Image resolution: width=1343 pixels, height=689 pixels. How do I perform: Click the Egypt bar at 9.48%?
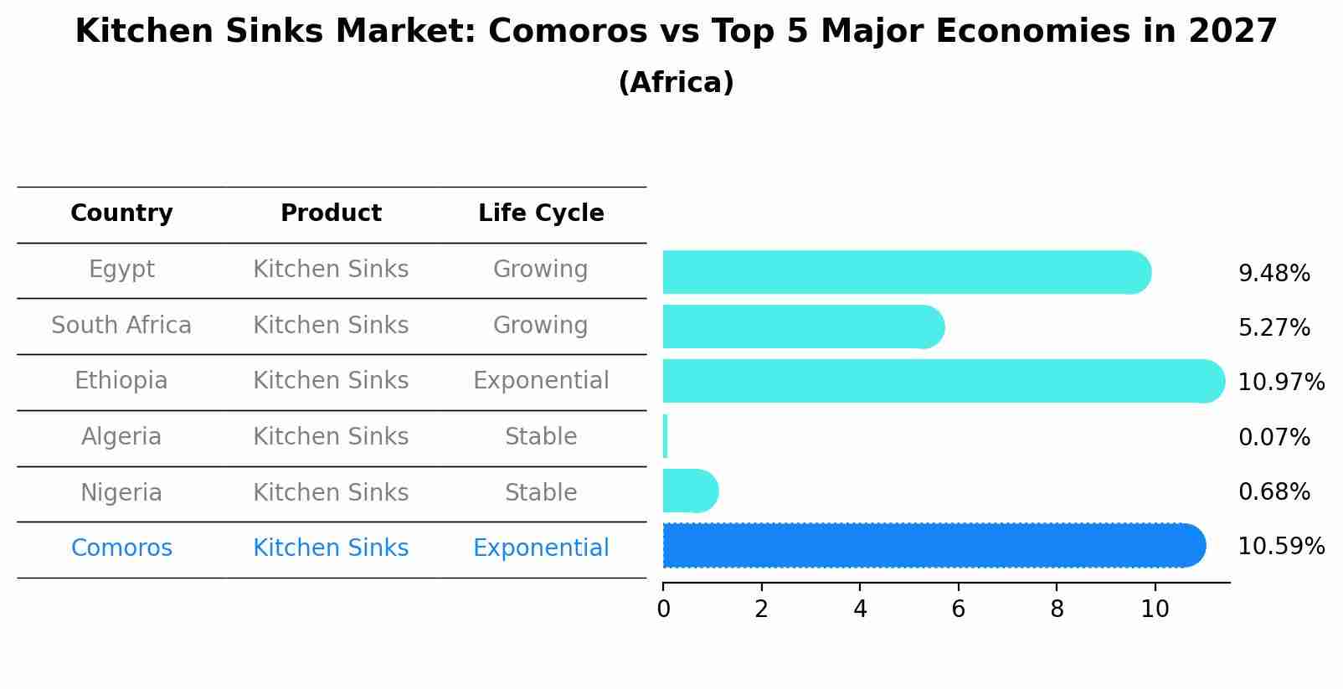904,272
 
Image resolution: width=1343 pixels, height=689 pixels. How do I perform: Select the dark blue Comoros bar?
929,546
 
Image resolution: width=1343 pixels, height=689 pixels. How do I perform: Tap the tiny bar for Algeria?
666,436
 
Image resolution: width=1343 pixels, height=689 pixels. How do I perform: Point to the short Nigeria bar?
689,491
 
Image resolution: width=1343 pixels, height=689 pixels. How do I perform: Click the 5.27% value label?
1274,327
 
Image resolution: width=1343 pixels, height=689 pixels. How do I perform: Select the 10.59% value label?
1280,547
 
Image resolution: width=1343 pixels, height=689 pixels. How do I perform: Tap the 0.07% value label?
1274,437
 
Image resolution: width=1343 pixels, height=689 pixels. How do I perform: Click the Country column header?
121,213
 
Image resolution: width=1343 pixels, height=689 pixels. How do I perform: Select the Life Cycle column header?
541,213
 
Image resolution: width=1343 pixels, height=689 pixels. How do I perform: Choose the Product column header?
331,213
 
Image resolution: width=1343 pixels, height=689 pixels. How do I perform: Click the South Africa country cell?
121,325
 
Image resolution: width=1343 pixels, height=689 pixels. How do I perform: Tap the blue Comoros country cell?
121,548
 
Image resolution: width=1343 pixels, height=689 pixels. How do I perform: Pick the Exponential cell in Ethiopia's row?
541,381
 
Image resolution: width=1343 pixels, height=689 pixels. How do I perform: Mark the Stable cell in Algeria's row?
541,437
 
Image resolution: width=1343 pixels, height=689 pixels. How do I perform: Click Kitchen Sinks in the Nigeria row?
331,492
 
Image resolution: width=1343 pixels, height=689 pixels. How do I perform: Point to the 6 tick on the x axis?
959,609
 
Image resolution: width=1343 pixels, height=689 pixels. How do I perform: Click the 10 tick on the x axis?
1155,609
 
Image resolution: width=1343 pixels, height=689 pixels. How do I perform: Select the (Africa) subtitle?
676,83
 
